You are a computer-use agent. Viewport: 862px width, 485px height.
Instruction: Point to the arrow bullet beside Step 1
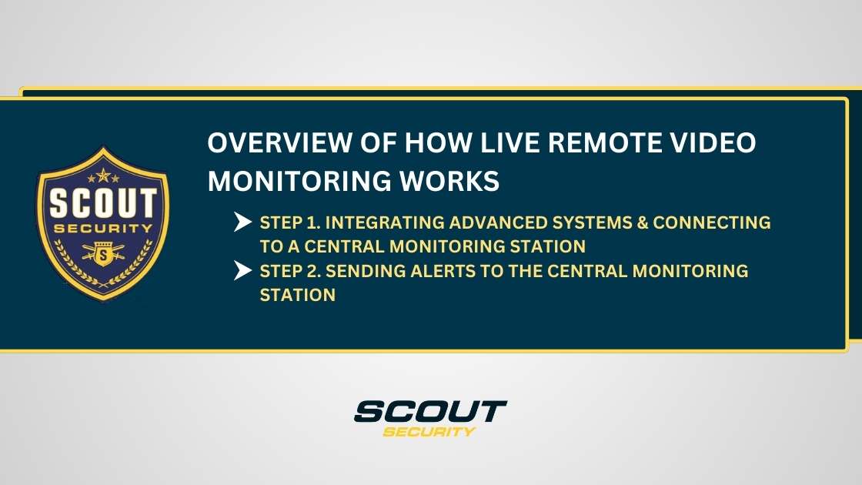[243, 223]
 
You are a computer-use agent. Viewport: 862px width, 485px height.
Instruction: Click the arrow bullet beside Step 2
[243, 271]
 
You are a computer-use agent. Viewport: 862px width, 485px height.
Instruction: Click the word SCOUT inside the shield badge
[102, 206]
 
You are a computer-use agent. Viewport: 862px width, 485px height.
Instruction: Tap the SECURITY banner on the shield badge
[102, 229]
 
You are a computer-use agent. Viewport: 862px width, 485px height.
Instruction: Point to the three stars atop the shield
[102, 179]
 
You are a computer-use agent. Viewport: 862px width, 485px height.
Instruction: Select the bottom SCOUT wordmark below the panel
[430, 412]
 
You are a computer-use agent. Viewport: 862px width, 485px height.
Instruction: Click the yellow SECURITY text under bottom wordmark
[429, 431]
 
